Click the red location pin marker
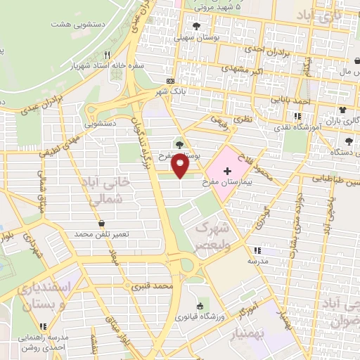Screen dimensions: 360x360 (x=181, y=165)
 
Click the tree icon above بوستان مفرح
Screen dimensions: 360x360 (x=179, y=144)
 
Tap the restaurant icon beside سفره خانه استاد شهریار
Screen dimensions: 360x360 (x=107, y=55)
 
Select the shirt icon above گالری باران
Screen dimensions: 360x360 (x=342, y=110)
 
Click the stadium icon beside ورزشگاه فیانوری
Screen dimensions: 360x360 (x=200, y=306)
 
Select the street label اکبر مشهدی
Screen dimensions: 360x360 (x=243, y=70)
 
